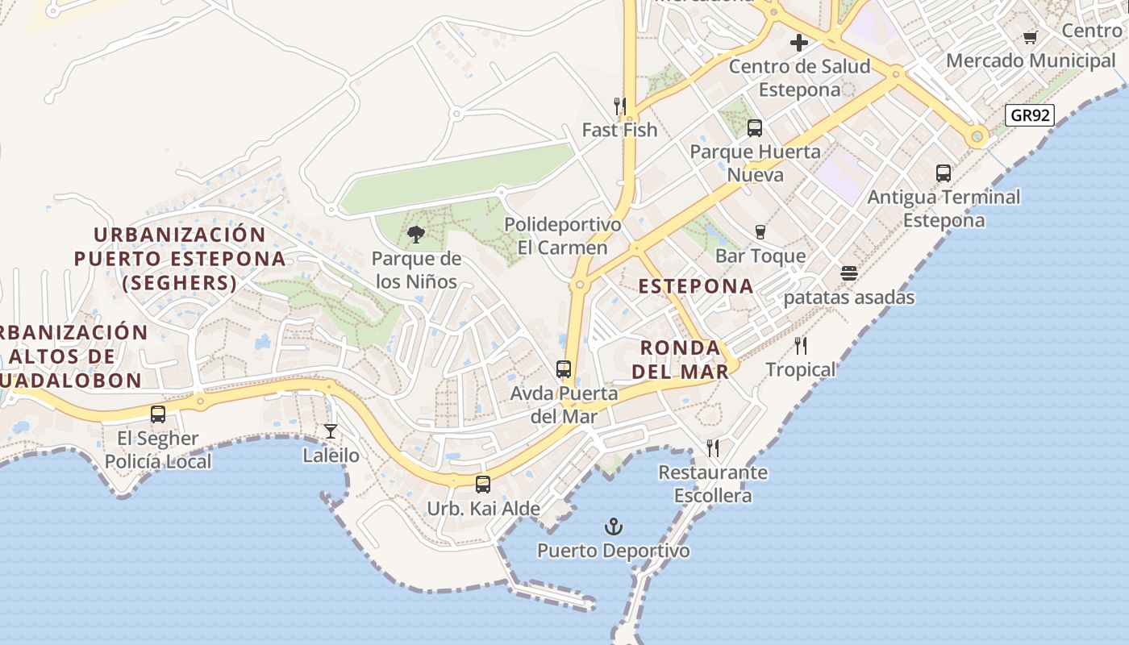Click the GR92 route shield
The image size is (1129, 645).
[1031, 115]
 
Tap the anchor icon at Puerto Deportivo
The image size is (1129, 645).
[614, 527]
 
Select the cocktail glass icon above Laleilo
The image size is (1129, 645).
[331, 431]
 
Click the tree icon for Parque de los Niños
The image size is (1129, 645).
[416, 235]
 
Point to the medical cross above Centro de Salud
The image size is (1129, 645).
[799, 43]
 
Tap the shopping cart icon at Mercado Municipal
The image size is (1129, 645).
[1030, 37]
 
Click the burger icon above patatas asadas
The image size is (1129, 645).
[848, 273]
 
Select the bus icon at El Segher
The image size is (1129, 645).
[158, 414]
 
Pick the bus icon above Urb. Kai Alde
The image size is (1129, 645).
[483, 485]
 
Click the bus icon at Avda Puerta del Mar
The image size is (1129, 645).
[564, 369]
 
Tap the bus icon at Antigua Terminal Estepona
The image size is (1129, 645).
[944, 173]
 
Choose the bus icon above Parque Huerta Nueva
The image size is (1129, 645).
[755, 127]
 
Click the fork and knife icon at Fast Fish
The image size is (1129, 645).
[620, 106]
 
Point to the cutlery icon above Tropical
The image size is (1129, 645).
[801, 346]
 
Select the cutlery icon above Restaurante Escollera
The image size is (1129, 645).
[713, 448]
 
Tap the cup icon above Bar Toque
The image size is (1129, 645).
[760, 232]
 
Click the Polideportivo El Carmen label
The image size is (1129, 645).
[563, 236]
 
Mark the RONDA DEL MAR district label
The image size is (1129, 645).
[680, 360]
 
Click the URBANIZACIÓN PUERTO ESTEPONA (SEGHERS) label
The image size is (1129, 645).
[180, 259]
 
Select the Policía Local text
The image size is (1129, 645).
[158, 462]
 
